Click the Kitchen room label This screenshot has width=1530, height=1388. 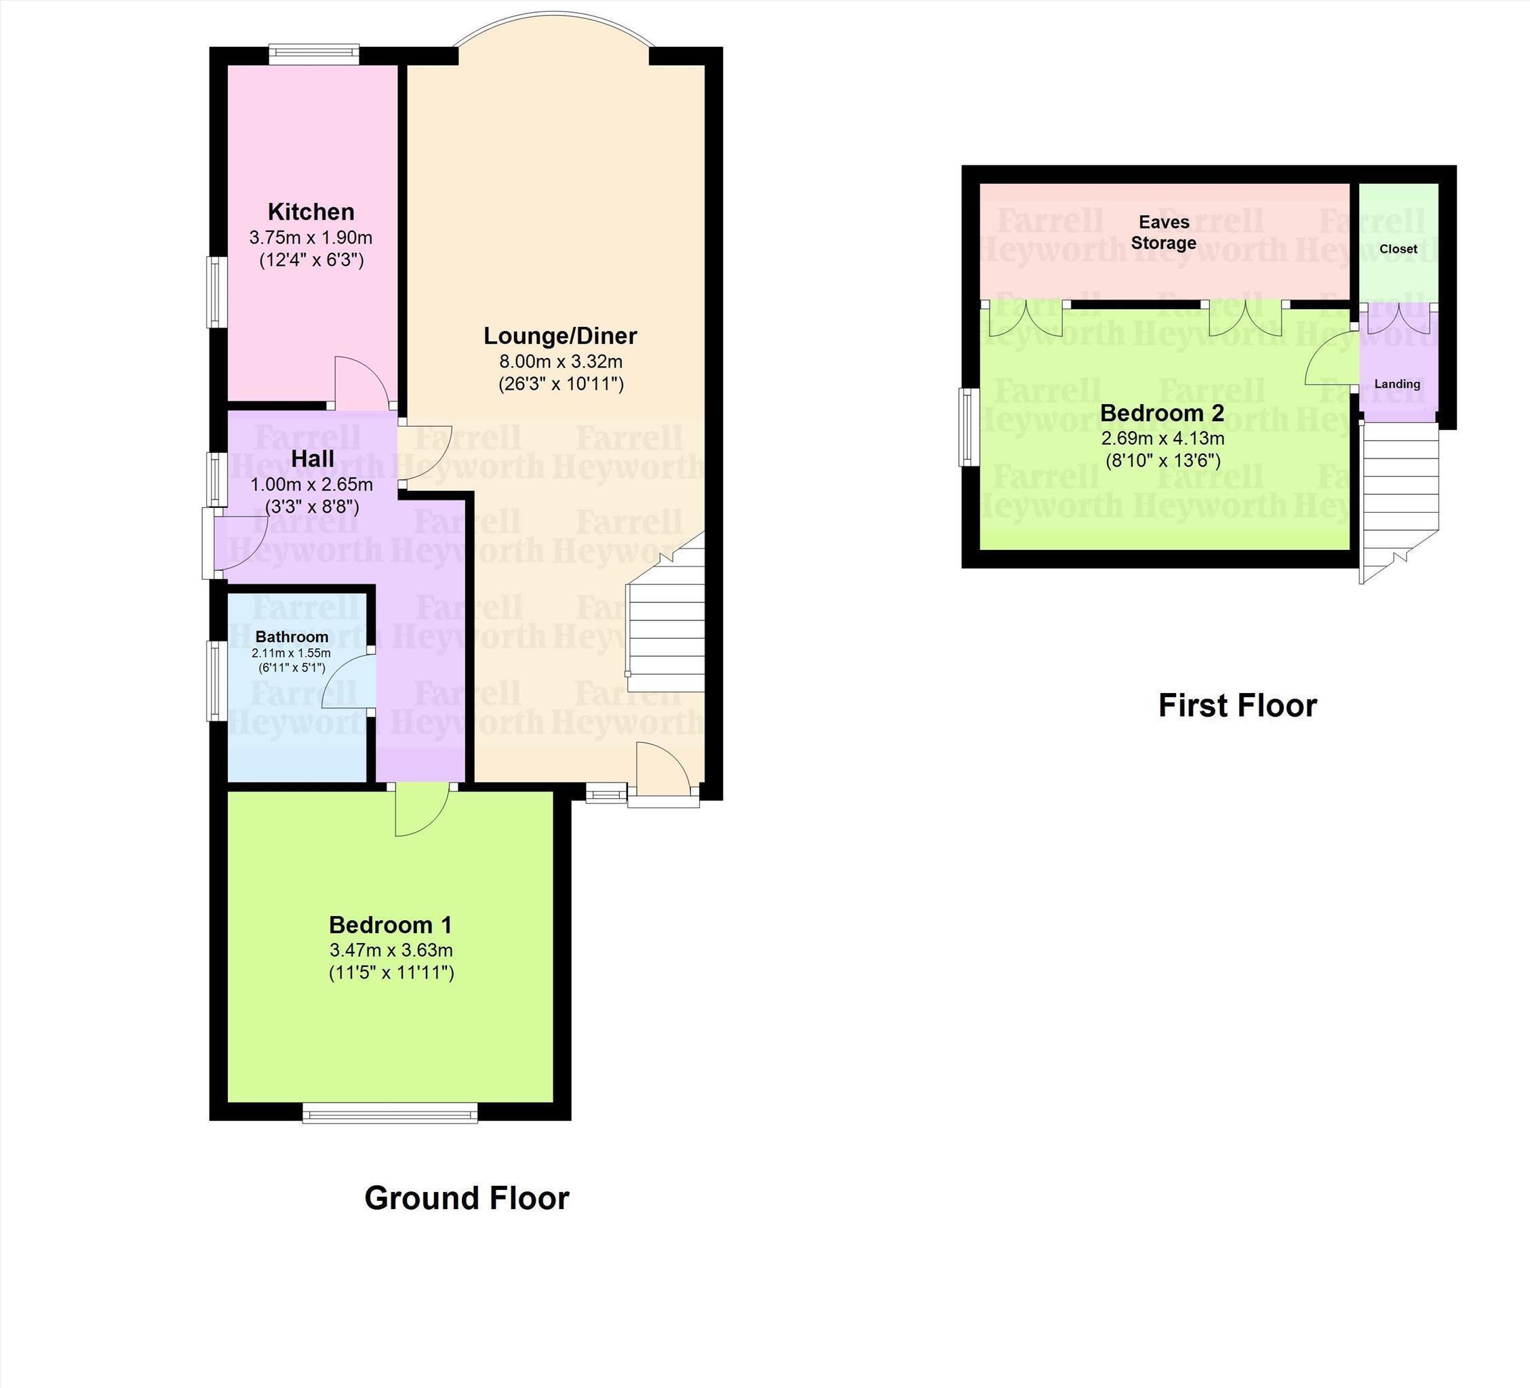coord(311,212)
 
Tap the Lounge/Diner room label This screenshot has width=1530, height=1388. coord(560,336)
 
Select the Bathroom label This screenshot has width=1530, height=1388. coord(292,637)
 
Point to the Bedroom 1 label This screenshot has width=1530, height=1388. coord(390,925)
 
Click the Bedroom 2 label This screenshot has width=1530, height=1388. coord(1162,414)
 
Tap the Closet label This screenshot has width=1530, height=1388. coord(1398,249)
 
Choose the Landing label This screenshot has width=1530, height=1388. coord(1397,384)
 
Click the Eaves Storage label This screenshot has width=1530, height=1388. coord(1164,232)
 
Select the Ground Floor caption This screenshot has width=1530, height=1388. coord(467,1198)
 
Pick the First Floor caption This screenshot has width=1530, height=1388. coord(1237,706)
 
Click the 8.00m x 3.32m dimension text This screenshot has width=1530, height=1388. coord(561,361)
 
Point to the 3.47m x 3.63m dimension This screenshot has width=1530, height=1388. coord(391,950)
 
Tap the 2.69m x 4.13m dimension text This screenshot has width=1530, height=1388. coord(1162,439)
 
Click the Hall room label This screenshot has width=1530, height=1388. coord(313,459)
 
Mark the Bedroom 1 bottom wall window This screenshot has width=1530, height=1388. coord(390,1113)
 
